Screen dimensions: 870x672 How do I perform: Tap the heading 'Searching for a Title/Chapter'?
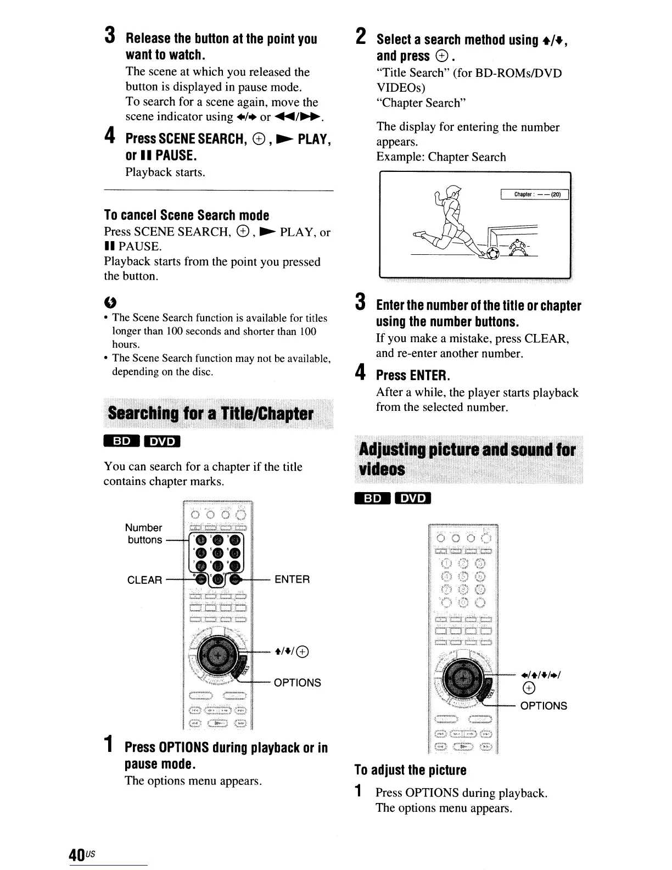click(x=211, y=414)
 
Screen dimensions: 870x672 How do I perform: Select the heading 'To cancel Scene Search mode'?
click(x=187, y=215)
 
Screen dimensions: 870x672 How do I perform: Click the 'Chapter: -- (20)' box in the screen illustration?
click(x=534, y=194)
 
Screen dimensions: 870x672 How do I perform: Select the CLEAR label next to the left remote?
click(x=145, y=580)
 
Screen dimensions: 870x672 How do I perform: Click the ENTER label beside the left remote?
click(x=292, y=579)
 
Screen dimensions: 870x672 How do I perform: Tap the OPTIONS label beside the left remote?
click(x=297, y=683)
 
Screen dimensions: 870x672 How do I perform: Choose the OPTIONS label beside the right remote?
click(x=544, y=706)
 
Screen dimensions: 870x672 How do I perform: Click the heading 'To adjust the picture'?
click(x=410, y=770)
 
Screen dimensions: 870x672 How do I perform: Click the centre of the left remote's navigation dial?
click(x=219, y=657)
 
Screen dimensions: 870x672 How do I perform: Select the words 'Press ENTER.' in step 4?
click(x=413, y=376)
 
